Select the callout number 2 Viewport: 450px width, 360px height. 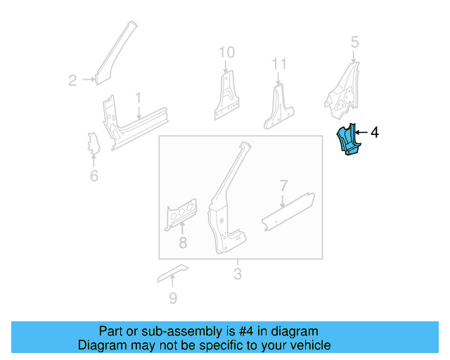point(72,81)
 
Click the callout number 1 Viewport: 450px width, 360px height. point(139,97)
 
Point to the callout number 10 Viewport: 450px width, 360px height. point(226,52)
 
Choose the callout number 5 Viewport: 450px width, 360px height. point(354,42)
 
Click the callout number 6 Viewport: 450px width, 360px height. point(94,175)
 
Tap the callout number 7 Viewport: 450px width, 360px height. point(283,186)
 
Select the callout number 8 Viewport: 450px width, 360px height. point(183,243)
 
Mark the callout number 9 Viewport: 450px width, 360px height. point(173,299)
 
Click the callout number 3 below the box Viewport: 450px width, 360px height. point(237,273)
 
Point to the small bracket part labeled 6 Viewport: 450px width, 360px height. point(91,143)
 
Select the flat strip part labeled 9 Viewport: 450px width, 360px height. point(173,272)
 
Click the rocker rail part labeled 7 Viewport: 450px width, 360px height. point(288,210)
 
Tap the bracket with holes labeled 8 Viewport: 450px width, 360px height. point(181,214)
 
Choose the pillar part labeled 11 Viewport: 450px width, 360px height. point(280,107)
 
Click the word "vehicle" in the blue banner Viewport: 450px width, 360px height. point(307,345)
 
